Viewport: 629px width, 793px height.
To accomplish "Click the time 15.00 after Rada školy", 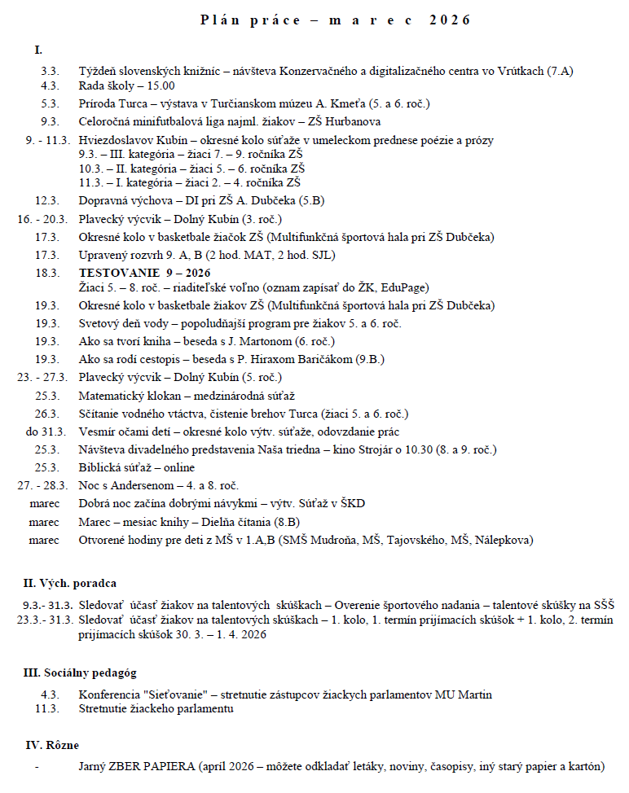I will (160, 85).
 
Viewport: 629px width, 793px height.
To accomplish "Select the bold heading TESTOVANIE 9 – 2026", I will (144, 273).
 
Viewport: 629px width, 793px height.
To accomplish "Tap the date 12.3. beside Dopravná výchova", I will (47, 200).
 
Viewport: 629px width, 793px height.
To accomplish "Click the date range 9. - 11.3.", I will (47, 140).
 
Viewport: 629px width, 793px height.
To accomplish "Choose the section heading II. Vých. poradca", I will (69, 583).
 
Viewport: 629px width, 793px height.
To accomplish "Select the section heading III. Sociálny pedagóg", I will (80, 673).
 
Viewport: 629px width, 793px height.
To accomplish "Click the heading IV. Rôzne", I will (52, 745).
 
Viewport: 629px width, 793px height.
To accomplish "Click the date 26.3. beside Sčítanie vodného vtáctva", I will (47, 414).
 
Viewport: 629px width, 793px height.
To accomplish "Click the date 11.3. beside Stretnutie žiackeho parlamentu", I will (47, 709).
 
